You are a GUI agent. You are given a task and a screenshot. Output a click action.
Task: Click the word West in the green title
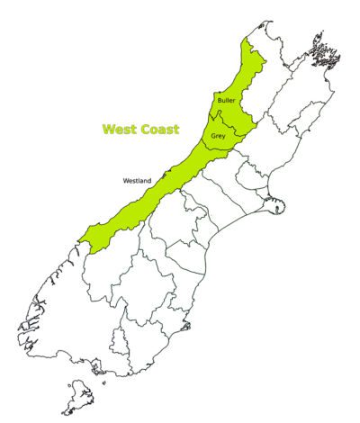coord(116,130)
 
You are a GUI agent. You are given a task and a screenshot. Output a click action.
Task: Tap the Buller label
coord(227,101)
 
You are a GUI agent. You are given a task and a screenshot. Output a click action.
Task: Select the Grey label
coord(219,136)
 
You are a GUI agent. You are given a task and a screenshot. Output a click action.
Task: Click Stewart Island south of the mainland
coord(84,396)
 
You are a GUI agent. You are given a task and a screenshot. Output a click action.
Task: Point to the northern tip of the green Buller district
coord(245,41)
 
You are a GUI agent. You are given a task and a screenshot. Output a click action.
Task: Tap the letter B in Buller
coord(220,101)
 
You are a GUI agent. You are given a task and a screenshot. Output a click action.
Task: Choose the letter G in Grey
coord(214,136)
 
